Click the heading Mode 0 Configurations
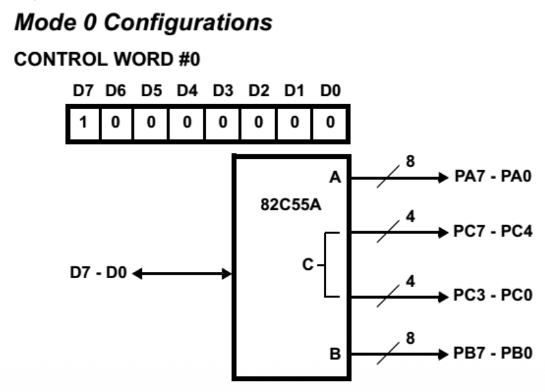point(144,23)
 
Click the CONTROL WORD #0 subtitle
point(106,60)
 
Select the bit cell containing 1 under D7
point(84,123)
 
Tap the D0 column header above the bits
point(330,92)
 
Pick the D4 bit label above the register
point(186,92)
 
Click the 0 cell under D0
point(330,123)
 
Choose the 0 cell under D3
point(222,123)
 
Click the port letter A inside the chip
point(334,179)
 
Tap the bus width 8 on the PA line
point(409,161)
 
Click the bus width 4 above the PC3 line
point(409,280)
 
